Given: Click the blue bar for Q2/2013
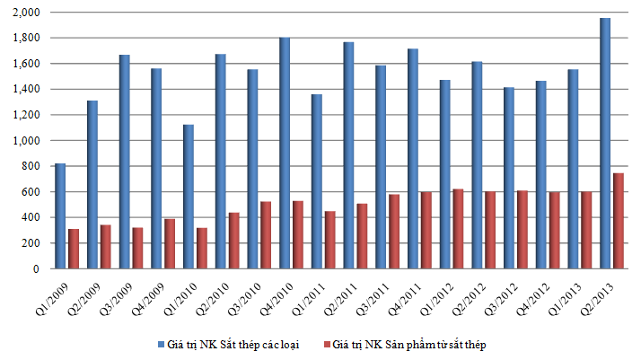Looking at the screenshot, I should pos(605,144).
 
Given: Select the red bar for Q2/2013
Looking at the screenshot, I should pos(619,221).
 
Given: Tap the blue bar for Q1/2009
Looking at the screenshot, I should pos(60,215).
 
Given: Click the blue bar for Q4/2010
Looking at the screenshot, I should pos(285,153).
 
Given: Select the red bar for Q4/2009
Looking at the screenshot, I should pos(170,243).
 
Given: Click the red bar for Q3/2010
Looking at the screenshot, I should pos(266,235).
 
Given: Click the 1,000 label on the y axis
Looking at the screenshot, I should pos(29,141).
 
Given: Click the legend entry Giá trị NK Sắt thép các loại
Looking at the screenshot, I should pos(237,344).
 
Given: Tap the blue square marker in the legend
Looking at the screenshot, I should pos(161,344).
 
